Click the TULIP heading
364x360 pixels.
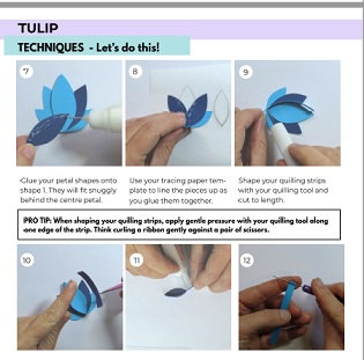(x=38, y=28)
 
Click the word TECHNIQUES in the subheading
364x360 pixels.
(x=50, y=48)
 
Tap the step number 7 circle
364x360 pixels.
(x=26, y=71)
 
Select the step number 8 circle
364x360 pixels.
(x=135, y=71)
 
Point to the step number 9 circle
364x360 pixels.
(x=245, y=72)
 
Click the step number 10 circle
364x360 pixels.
(x=27, y=260)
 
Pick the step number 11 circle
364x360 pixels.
(x=136, y=260)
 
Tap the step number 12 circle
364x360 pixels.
(x=247, y=260)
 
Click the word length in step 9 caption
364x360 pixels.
(x=272, y=200)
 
